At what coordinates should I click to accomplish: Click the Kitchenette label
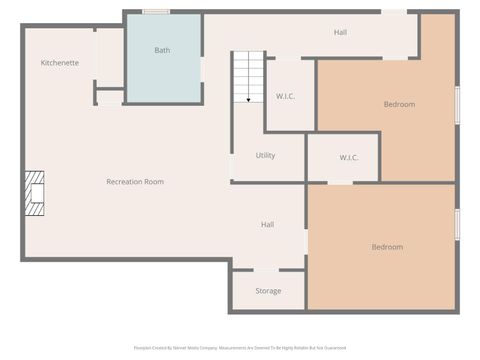(x=60, y=63)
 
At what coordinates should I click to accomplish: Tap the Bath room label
(x=162, y=50)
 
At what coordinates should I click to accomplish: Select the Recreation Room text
(x=135, y=182)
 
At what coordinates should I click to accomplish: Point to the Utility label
(x=265, y=155)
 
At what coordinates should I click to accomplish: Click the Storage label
(x=268, y=291)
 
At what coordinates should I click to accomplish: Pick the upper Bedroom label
(x=399, y=104)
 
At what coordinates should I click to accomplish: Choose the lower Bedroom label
(x=387, y=247)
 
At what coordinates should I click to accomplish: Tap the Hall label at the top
(x=341, y=33)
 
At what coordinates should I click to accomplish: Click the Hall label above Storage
(x=268, y=225)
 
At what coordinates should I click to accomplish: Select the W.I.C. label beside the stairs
(x=285, y=96)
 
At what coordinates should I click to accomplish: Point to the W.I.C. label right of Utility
(x=349, y=157)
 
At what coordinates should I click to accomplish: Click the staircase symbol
(x=247, y=75)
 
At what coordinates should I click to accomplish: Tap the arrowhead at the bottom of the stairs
(x=247, y=100)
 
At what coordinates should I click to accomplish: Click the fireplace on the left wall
(x=36, y=193)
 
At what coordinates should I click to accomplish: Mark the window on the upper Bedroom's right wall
(x=457, y=104)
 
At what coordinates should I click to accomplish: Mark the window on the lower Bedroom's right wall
(x=457, y=224)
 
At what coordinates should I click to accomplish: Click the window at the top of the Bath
(x=155, y=12)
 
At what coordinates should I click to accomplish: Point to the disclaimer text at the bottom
(x=240, y=348)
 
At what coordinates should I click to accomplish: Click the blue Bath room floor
(x=162, y=75)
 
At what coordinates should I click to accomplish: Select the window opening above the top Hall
(x=394, y=12)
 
